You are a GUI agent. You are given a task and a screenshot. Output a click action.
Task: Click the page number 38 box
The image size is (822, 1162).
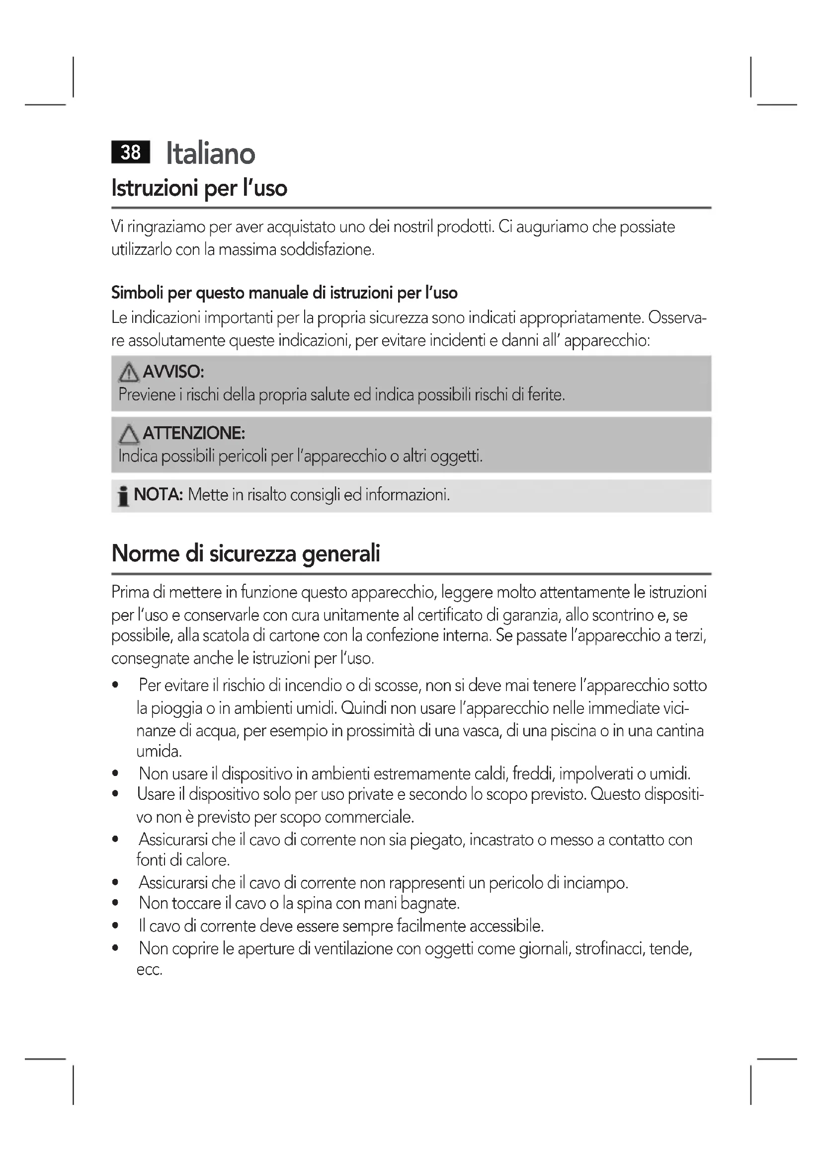[x=131, y=152]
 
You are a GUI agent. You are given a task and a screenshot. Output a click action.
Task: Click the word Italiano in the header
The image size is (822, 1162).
[x=211, y=154]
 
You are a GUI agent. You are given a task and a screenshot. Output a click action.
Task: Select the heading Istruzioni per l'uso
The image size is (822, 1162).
[x=199, y=188]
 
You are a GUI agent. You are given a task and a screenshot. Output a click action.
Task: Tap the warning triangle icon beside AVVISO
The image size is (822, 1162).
[x=129, y=373]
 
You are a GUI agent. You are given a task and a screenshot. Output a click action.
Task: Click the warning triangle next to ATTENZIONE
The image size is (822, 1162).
[x=129, y=434]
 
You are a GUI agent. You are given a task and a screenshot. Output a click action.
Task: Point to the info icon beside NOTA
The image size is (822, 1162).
[x=122, y=495]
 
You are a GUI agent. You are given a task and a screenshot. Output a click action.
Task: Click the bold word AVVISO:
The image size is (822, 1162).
[x=173, y=372]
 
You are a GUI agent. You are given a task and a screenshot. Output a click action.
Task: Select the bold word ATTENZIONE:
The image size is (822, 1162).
[x=194, y=433]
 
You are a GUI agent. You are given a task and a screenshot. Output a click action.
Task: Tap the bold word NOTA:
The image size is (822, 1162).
[x=158, y=494]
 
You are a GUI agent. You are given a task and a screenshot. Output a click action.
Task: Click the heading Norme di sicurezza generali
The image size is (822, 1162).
[x=246, y=553]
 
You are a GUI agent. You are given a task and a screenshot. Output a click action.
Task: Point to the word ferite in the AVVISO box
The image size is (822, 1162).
[x=546, y=394]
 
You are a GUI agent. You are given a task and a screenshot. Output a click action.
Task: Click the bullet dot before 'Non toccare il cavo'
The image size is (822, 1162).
[x=116, y=903]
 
